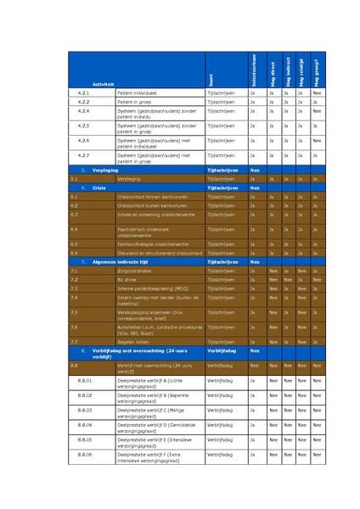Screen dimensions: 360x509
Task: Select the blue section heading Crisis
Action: (x=99, y=187)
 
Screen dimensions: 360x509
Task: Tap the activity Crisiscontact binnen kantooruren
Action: (x=149, y=197)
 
